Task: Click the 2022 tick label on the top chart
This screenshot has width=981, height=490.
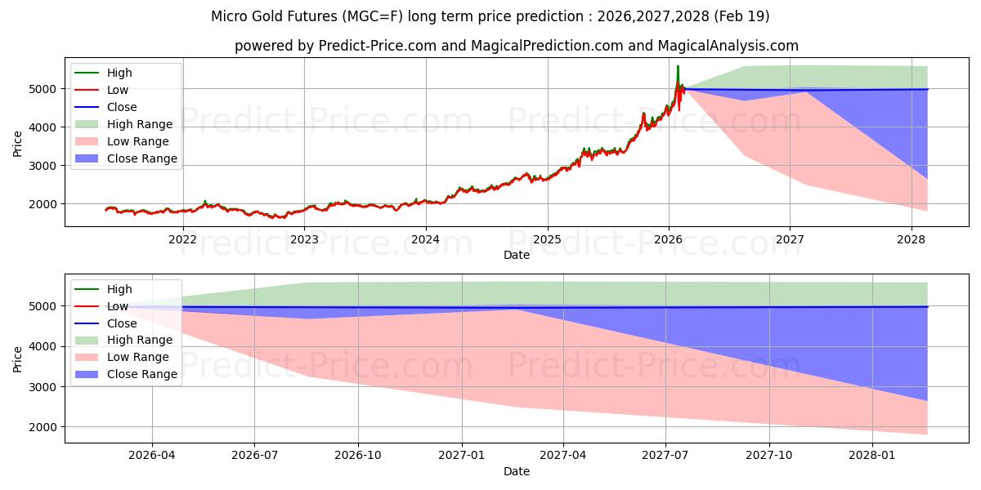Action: coord(182,239)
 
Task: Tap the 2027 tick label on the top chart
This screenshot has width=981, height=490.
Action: coord(790,239)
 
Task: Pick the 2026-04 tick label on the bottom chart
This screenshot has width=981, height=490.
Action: coord(152,456)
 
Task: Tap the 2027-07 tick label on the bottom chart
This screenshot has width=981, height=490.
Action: coord(665,456)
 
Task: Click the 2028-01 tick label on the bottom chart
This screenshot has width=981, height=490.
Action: coord(872,456)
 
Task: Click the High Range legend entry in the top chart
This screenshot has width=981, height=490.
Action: coord(140,124)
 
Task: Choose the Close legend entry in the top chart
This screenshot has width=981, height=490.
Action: coord(122,107)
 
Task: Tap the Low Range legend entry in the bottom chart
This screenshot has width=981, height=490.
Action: coord(138,357)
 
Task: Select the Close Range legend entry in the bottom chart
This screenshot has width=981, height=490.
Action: coord(142,374)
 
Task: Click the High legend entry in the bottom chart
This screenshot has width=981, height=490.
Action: coord(119,289)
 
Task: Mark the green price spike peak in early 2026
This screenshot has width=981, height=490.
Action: coord(678,66)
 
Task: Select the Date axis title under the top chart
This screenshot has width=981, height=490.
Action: coord(517,255)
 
